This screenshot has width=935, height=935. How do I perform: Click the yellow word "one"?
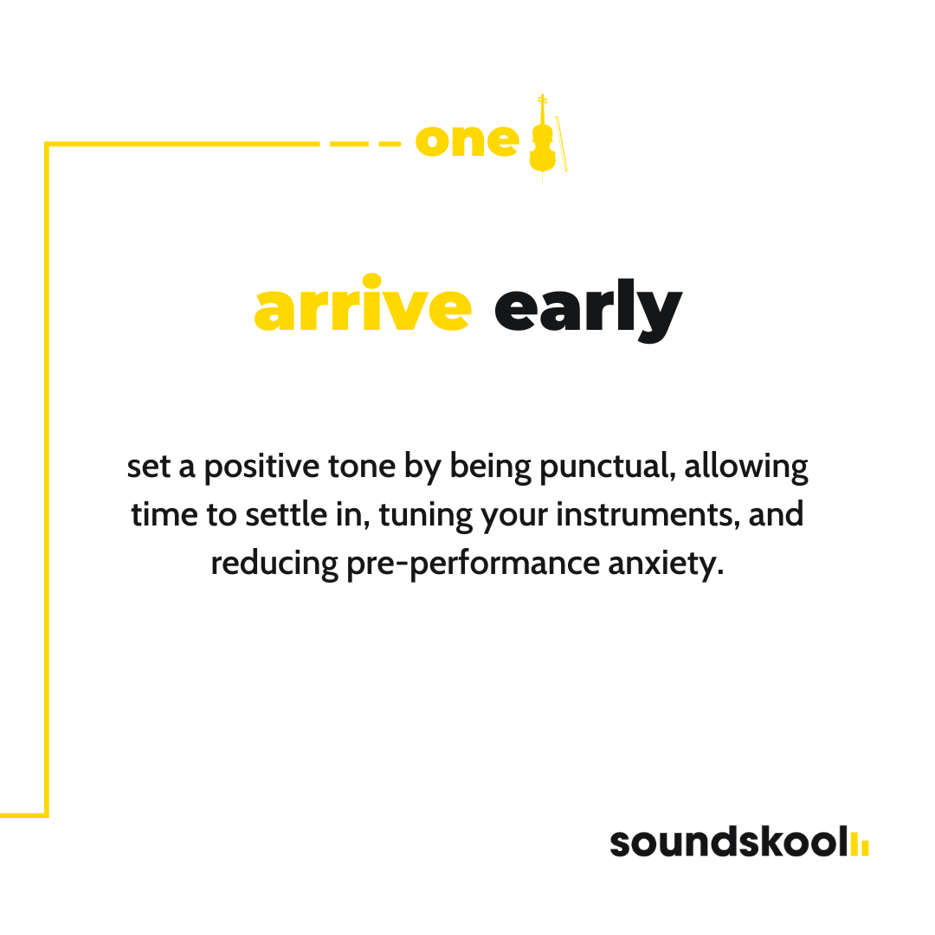click(x=467, y=142)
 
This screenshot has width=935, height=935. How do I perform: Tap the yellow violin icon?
click(x=542, y=139)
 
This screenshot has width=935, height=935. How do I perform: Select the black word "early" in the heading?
click(x=588, y=310)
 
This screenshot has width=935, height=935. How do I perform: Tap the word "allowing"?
click(x=746, y=467)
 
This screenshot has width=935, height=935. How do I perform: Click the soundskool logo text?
click(x=729, y=841)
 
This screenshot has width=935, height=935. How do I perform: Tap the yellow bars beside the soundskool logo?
click(x=860, y=844)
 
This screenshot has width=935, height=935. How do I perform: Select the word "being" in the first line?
click(x=490, y=467)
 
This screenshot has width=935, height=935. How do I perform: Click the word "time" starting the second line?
click(x=164, y=514)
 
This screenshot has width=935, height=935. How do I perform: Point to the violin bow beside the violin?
click(x=561, y=144)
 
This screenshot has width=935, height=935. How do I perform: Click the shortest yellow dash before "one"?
click(x=390, y=144)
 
